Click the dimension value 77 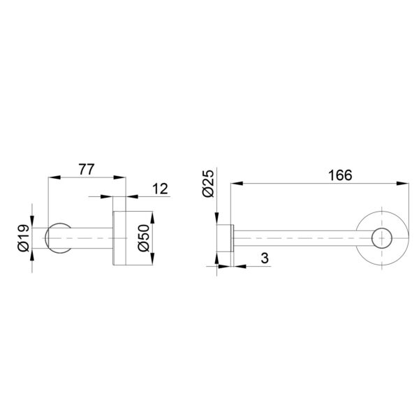pos(87,170)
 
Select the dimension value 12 pos(160,189)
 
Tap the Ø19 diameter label pos(24,238)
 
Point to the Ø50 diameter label pos(144,238)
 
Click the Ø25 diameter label pos(208,183)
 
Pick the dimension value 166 pos(340,175)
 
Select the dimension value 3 pos(265,258)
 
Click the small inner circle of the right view pos(382,238)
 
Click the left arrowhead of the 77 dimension pos(54,177)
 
